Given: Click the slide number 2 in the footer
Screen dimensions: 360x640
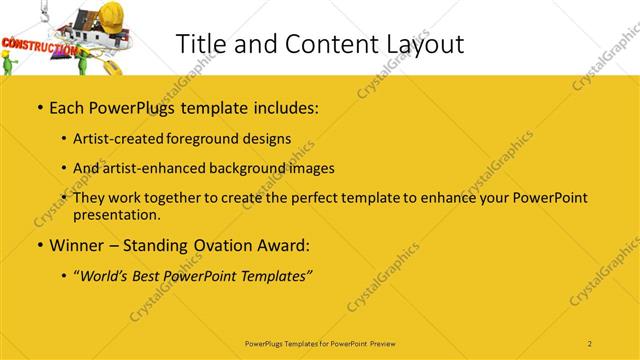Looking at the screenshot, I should pyautogui.click(x=590, y=343).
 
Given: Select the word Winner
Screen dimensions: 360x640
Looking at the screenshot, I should pyautogui.click(x=79, y=244).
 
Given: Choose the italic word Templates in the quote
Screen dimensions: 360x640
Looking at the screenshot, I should pyautogui.click(x=275, y=276).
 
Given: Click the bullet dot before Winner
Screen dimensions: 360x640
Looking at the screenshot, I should pyautogui.click(x=39, y=245).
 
